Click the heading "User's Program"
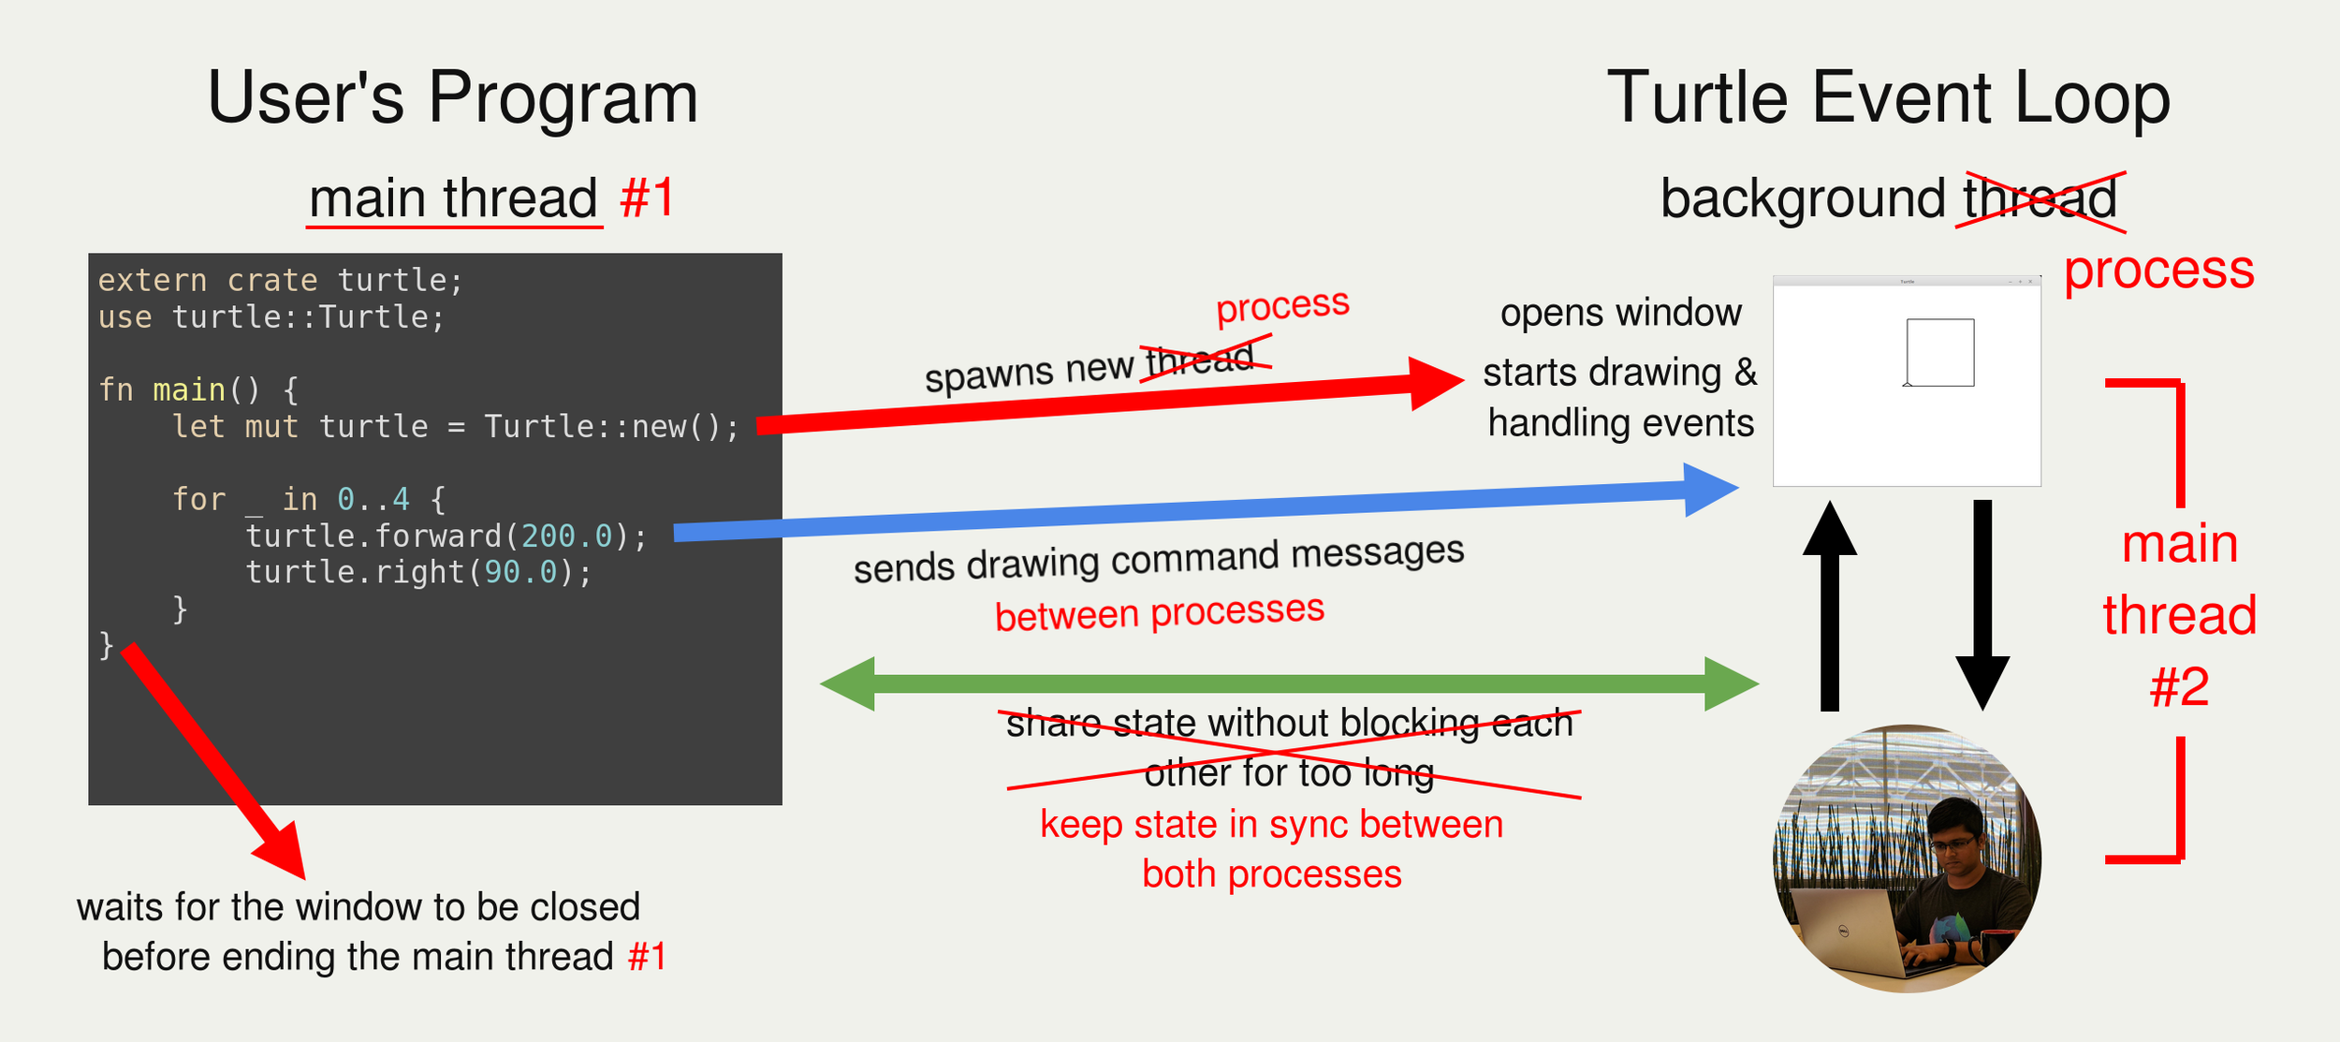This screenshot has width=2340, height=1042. [453, 98]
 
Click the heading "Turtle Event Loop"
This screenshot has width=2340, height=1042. [1888, 98]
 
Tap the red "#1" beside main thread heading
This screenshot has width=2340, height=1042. [647, 198]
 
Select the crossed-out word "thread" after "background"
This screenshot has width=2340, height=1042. [2040, 198]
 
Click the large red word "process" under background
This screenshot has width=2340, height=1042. [2158, 271]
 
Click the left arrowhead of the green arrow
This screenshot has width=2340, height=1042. [848, 683]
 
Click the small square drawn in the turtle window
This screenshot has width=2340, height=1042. [1940, 352]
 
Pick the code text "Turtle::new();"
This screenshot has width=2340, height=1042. [611, 427]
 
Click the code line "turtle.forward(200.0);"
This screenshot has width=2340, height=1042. [446, 536]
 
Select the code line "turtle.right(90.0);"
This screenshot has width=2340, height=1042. [418, 573]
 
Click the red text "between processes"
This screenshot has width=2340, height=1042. [1160, 613]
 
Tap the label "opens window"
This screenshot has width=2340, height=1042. [1620, 313]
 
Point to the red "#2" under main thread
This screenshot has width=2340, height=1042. [2179, 688]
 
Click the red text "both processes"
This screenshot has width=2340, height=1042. [1272, 874]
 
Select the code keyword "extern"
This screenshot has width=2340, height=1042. [153, 281]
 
